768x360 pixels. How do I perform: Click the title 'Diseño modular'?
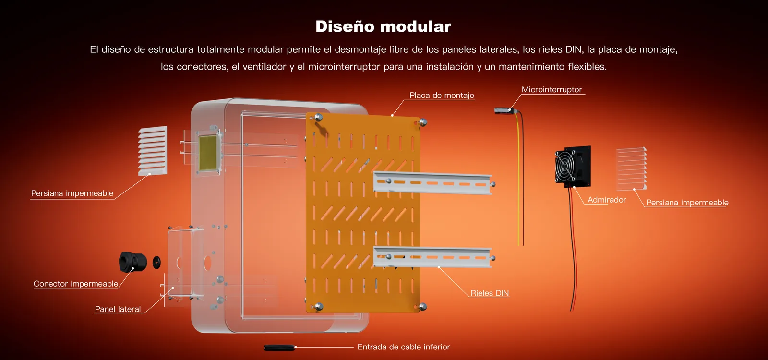point(383,26)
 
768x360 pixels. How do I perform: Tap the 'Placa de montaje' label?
point(442,96)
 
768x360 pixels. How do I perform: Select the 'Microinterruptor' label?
point(552,89)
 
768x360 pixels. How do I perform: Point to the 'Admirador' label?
point(607,200)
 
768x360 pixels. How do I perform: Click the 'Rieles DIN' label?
point(490,293)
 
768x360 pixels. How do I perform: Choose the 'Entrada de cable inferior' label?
point(404,347)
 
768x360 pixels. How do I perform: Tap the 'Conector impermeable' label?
point(76,284)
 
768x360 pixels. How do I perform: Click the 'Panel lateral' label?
point(118,309)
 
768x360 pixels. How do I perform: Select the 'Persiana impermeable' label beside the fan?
point(687,203)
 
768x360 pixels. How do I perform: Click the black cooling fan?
point(573,167)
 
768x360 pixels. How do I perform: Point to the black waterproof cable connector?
point(132,262)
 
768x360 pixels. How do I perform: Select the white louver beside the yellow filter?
point(153,151)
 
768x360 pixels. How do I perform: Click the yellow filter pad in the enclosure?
point(208,153)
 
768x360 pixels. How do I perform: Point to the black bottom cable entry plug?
point(279,348)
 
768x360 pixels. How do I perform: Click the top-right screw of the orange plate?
point(423,122)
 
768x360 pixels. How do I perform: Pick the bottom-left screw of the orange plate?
point(319,306)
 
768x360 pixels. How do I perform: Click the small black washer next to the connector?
point(156,262)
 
